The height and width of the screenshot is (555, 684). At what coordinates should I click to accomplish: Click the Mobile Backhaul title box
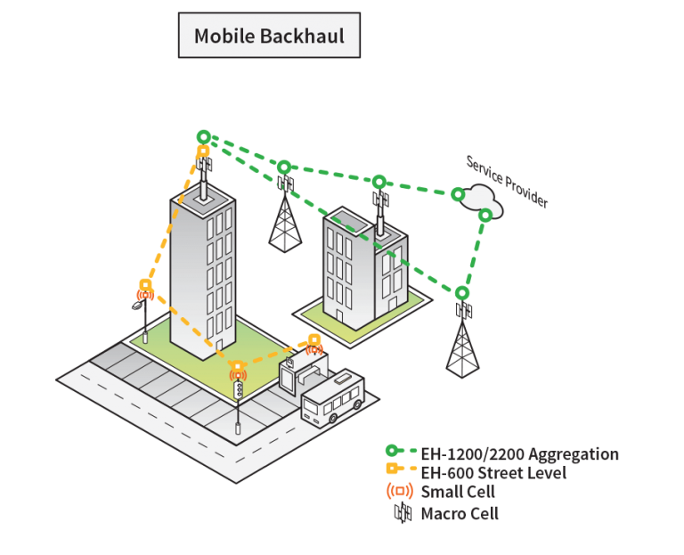click(x=269, y=36)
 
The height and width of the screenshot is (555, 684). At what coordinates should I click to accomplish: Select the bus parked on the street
click(x=332, y=398)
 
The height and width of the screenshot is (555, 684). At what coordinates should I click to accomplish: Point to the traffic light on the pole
click(x=238, y=388)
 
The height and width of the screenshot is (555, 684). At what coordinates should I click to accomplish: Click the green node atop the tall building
click(x=204, y=137)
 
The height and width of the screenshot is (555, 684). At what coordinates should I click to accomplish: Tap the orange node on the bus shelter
click(x=314, y=339)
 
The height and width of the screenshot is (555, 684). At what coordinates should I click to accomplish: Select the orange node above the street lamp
click(x=145, y=285)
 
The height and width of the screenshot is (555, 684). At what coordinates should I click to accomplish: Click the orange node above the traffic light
click(x=238, y=366)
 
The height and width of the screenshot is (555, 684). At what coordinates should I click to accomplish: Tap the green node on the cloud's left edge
click(x=457, y=193)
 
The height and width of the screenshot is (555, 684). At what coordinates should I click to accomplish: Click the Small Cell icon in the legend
click(x=400, y=491)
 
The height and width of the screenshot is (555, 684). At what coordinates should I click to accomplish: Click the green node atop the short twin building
click(x=379, y=181)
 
